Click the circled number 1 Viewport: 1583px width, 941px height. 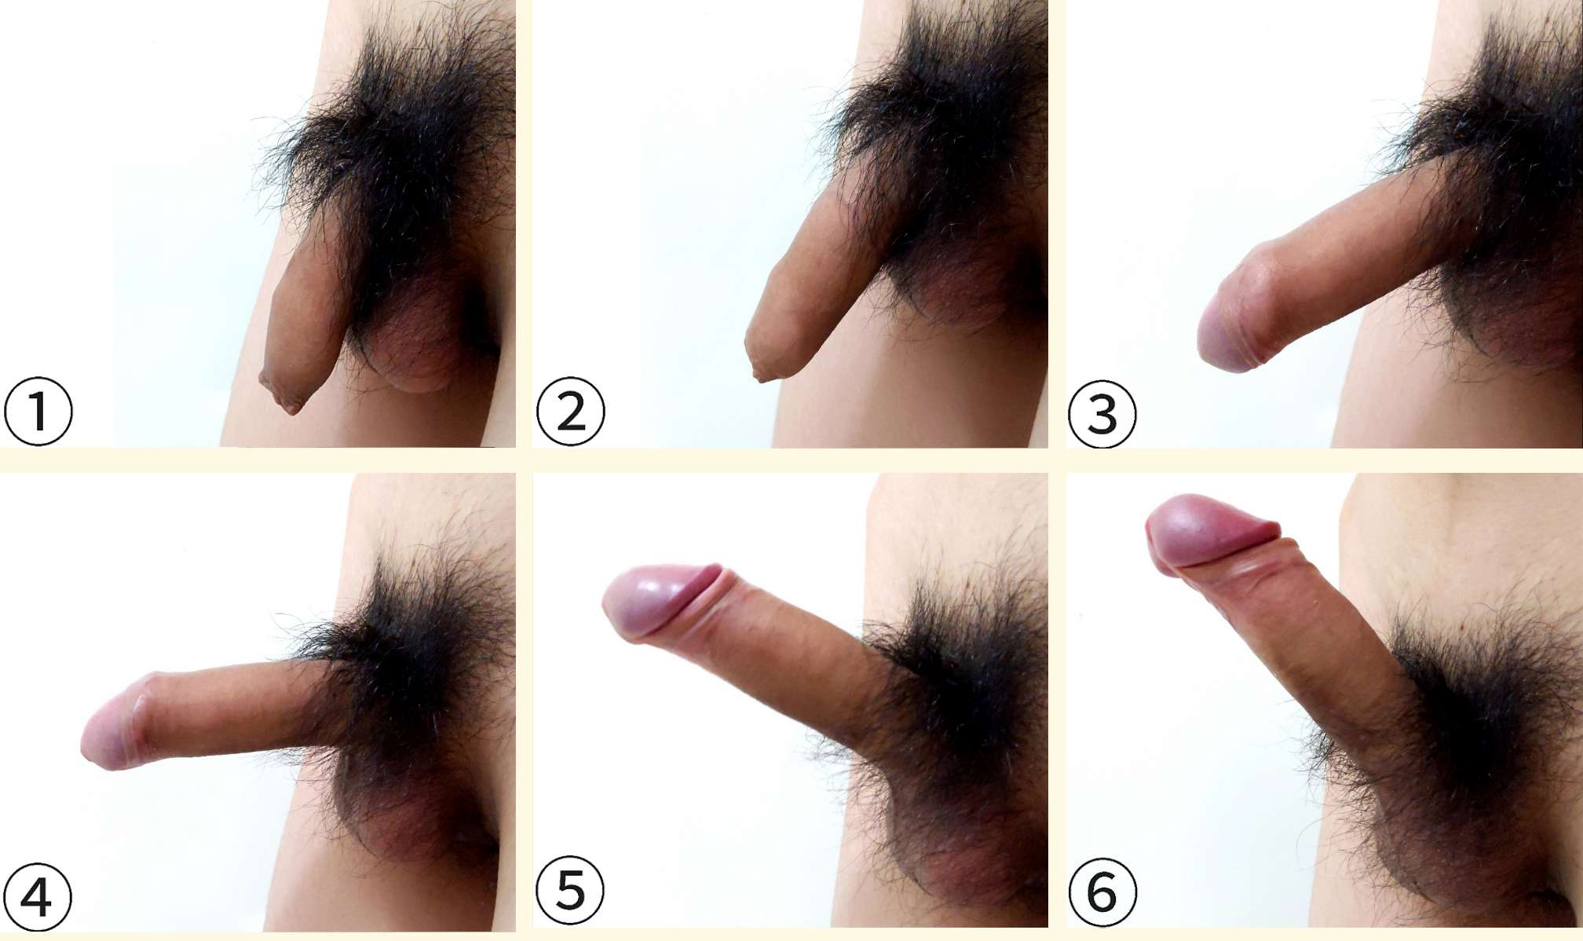(38, 412)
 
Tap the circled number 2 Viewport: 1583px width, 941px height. (571, 412)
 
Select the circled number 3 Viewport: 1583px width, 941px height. (1102, 414)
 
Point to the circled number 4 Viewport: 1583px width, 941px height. (37, 897)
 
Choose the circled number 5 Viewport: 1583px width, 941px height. (570, 890)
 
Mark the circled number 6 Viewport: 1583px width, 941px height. (1102, 892)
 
